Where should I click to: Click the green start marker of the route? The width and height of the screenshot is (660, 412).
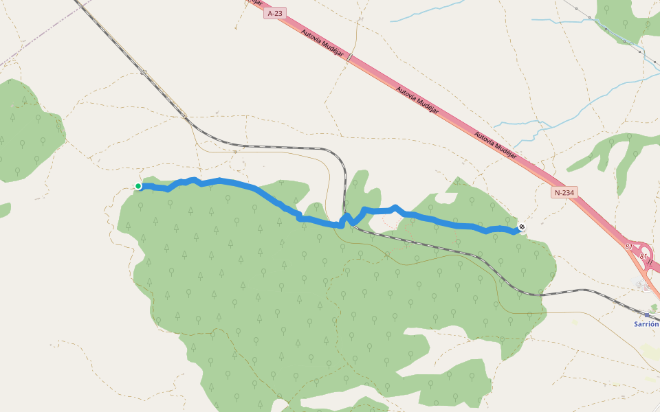pos(138,186)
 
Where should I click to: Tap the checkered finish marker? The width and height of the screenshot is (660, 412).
pos(522,227)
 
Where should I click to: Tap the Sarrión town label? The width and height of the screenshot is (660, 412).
pos(646,324)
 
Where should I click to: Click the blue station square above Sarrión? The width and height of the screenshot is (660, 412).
pos(646,315)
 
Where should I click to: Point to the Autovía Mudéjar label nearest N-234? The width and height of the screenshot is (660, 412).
pos(495,145)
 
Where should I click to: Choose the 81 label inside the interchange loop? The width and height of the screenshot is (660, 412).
pos(643,256)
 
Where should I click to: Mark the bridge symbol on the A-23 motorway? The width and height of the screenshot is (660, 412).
pos(349,58)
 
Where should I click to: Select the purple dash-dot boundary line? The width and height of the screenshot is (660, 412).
pos(27,55)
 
